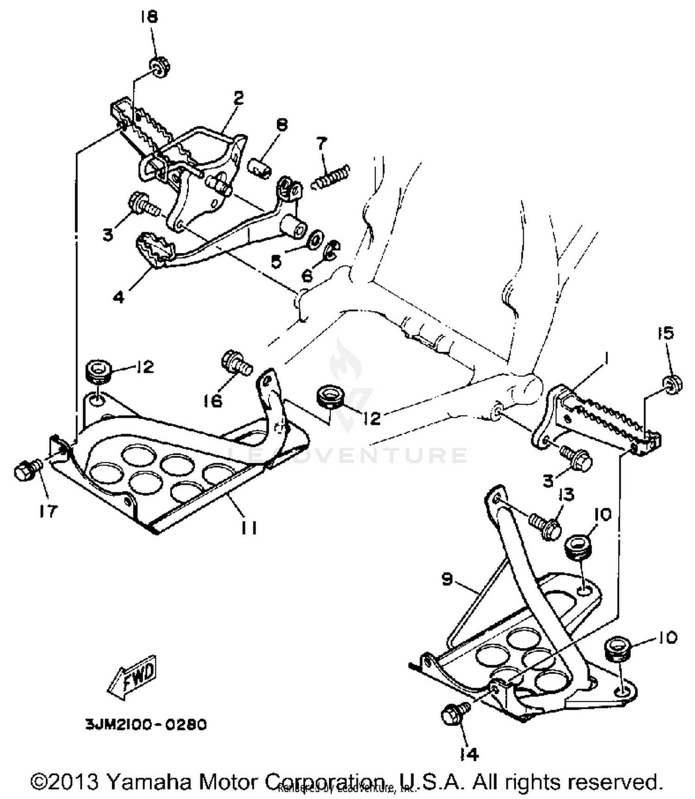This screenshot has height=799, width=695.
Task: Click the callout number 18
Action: (x=150, y=17)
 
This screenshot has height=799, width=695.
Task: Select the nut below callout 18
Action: (x=159, y=66)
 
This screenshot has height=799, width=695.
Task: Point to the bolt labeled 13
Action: (x=546, y=525)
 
